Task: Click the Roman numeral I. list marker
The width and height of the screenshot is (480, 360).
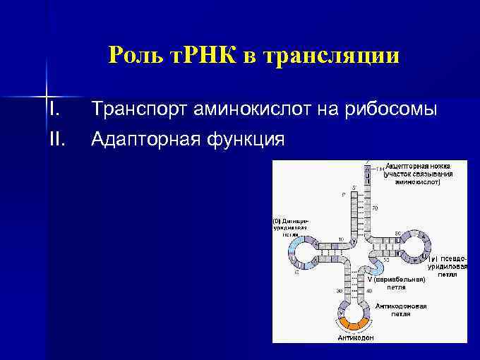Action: pyautogui.click(x=54, y=109)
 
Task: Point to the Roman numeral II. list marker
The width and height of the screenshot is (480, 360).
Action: pyautogui.click(x=56, y=140)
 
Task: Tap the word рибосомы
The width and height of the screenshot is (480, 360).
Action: pyautogui.click(x=392, y=110)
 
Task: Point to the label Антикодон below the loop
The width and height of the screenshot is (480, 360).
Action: pyautogui.click(x=356, y=337)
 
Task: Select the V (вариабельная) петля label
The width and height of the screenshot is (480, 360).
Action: pyautogui.click(x=396, y=284)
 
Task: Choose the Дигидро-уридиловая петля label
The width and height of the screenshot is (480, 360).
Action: pyautogui.click(x=290, y=227)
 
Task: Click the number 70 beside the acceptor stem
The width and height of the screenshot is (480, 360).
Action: pyautogui.click(x=375, y=208)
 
